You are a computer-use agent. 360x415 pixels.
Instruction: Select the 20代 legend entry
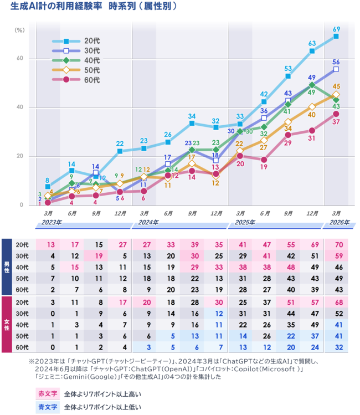pyautogui.click(x=92, y=41)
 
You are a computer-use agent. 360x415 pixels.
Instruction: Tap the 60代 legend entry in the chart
pyautogui.click(x=92, y=80)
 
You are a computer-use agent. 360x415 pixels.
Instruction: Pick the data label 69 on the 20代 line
pyautogui.click(x=336, y=29)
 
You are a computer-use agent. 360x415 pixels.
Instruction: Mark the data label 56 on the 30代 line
pyautogui.click(x=336, y=62)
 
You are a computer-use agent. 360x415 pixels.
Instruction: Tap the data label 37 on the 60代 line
pyautogui.click(x=336, y=122)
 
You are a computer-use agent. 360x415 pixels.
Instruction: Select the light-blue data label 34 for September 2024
pyautogui.click(x=192, y=116)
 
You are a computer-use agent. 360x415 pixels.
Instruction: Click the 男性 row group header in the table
pyautogui.click(x=7, y=266)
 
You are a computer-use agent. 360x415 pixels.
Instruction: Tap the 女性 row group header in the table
pyautogui.click(x=7, y=325)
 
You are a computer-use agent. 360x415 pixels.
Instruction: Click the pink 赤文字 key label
pyautogui.click(x=44, y=394)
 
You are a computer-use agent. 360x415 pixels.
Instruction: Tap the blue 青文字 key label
pyautogui.click(x=44, y=407)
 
